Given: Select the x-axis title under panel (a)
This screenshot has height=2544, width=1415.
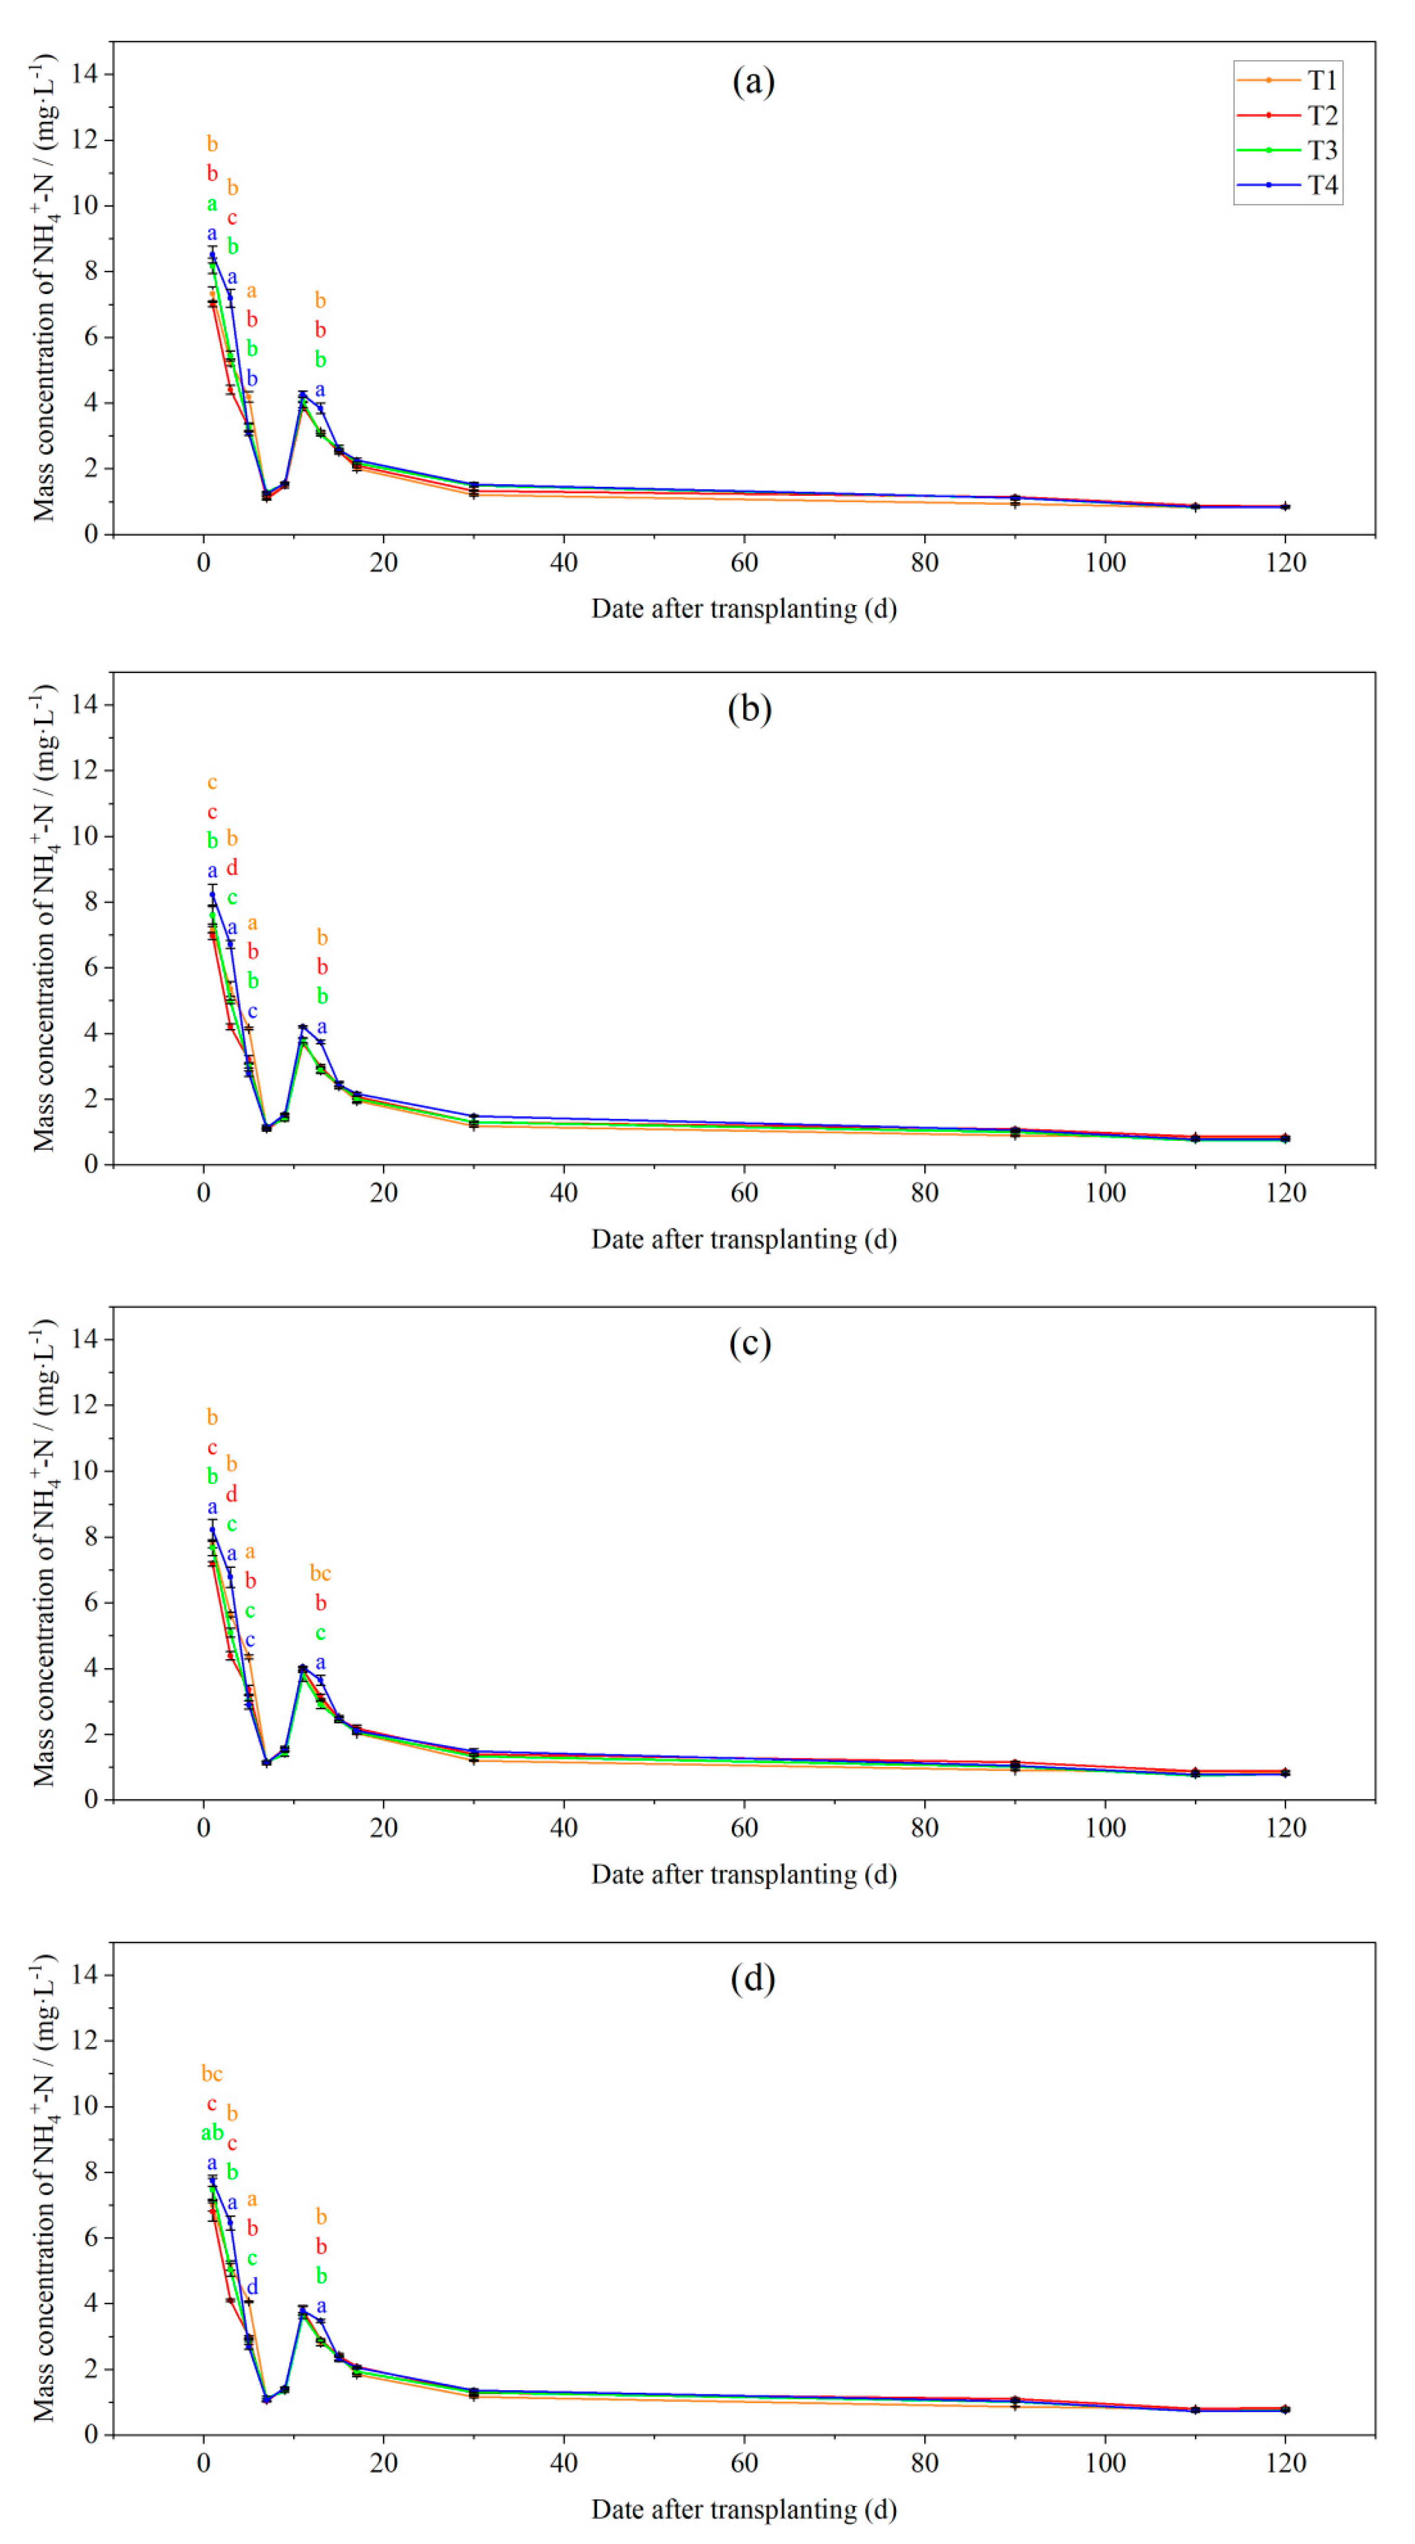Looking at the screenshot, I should click(x=743, y=608).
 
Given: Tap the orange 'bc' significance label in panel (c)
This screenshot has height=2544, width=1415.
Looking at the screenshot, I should click(x=320, y=1573).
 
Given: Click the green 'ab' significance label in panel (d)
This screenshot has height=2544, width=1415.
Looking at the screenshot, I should click(x=211, y=2133).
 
